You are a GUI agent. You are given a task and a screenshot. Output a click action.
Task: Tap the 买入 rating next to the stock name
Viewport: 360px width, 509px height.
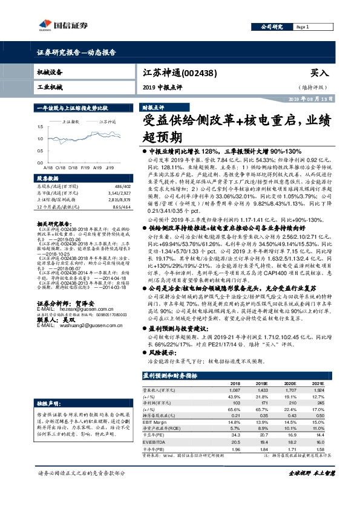click(319, 73)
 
